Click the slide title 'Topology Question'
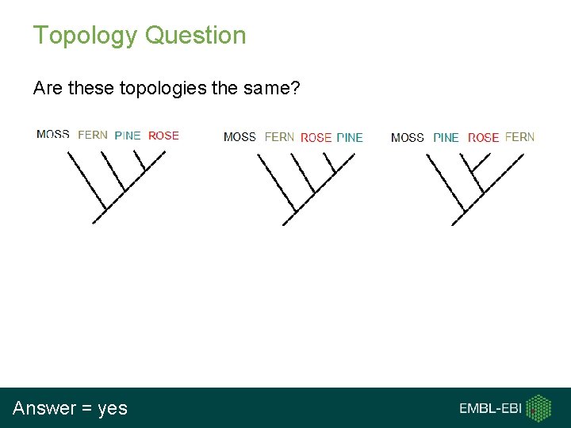click(x=140, y=36)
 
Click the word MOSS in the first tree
click(x=52, y=135)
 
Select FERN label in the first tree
click(x=93, y=135)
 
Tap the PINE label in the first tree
click(x=128, y=136)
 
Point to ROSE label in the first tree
click(x=163, y=136)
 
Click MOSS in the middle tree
click(x=240, y=137)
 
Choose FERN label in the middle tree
click(x=279, y=137)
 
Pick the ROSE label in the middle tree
click(x=316, y=138)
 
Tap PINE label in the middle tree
click(x=350, y=138)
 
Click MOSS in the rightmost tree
click(x=408, y=138)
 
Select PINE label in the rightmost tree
click(x=446, y=138)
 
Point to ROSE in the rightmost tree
click(x=483, y=138)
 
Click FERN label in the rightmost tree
click(x=519, y=137)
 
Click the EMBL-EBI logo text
click(x=489, y=409)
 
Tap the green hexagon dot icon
click(x=540, y=408)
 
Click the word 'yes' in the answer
click(x=112, y=409)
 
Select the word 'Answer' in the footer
click(x=44, y=409)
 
